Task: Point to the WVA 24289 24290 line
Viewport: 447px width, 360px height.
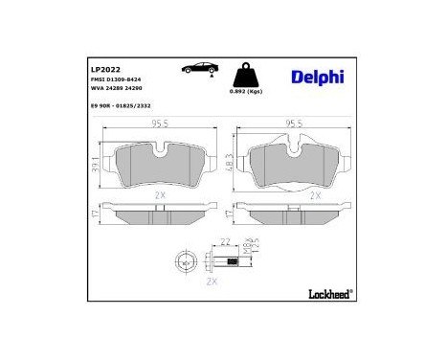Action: [119, 91]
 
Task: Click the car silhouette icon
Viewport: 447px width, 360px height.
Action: [196, 70]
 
